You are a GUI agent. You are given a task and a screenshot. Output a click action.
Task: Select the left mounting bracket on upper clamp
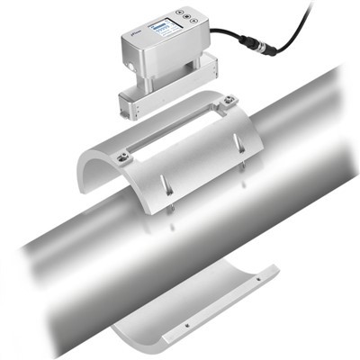tap(124, 157)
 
